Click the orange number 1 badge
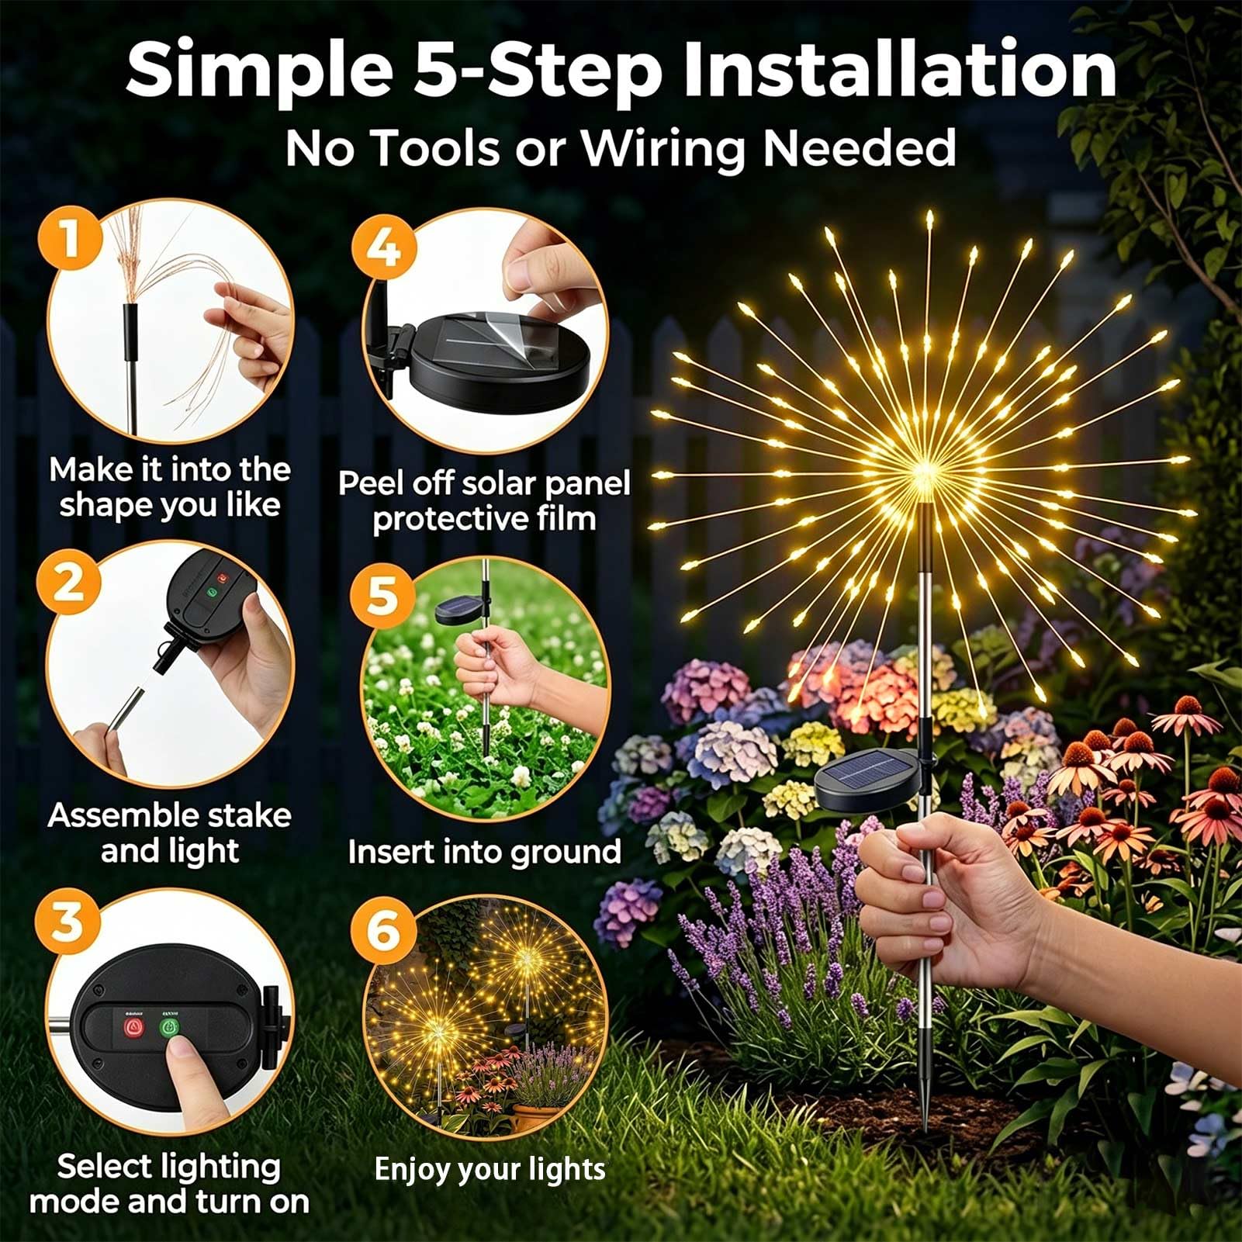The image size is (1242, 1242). point(71,237)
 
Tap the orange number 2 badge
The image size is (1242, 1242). point(69,581)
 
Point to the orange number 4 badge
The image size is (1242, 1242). point(383,248)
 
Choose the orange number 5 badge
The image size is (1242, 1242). point(382,596)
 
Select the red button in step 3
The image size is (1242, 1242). point(134,1029)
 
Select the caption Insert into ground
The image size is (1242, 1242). point(485,852)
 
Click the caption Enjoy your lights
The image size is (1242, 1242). point(490,1169)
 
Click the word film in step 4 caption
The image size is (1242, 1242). point(566,518)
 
